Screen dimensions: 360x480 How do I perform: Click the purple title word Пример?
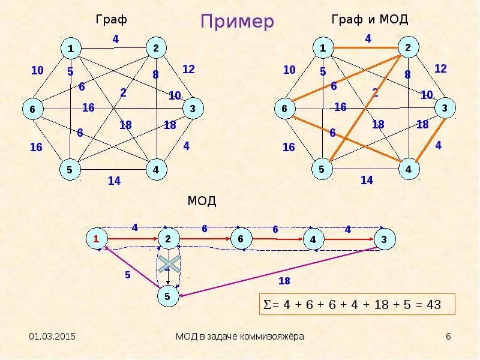[237, 22]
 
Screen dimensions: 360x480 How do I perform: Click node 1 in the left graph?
[71, 48]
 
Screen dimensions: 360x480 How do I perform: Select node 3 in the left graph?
[193, 109]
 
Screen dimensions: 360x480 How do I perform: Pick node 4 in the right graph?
[409, 169]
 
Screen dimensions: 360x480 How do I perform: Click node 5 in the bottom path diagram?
[168, 296]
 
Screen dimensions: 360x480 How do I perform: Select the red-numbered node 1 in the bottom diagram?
[95, 239]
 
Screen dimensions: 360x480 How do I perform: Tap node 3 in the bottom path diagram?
[384, 239]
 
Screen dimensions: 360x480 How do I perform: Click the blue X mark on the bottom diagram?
[169, 264]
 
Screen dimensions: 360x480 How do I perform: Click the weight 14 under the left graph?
[113, 181]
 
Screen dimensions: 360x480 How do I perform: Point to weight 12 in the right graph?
[440, 68]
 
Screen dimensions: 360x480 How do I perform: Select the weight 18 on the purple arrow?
[284, 281]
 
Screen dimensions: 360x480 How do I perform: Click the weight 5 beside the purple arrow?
[127, 275]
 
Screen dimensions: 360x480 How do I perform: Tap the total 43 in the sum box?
[433, 305]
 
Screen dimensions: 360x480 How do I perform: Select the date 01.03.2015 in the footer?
[53, 337]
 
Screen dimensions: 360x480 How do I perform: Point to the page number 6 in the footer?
[448, 337]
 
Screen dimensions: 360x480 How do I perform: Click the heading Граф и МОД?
[370, 20]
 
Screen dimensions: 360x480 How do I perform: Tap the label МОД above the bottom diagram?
[202, 201]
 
